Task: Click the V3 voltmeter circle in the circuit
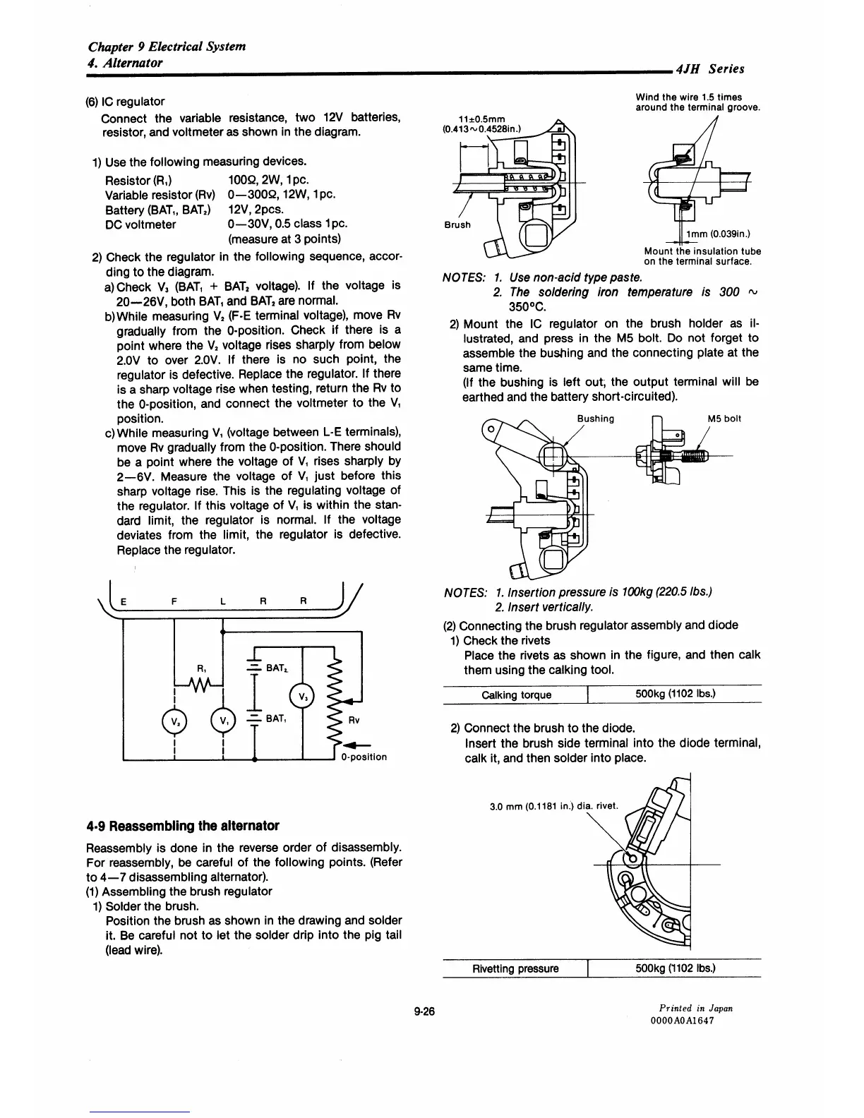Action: click(301, 697)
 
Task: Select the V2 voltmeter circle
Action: click(172, 721)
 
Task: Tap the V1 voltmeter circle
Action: click(222, 721)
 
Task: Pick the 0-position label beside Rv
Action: click(364, 757)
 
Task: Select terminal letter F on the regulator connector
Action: click(174, 602)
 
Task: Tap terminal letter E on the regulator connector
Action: click(124, 602)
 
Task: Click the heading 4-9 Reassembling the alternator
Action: click(182, 826)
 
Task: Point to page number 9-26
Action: click(426, 1011)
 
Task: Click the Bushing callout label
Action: click(595, 419)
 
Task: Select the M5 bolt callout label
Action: click(724, 419)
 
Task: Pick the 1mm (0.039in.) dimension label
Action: click(716, 234)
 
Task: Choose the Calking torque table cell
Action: click(516, 695)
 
